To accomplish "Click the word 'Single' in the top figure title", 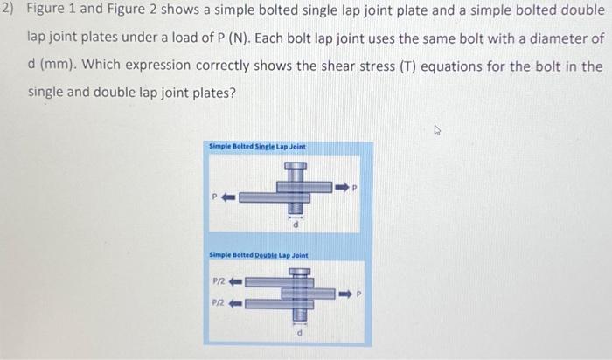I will click(x=260, y=146).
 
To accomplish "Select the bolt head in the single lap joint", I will click(x=295, y=166).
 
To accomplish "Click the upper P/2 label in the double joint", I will click(x=220, y=281).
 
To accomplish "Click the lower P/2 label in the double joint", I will click(x=220, y=303).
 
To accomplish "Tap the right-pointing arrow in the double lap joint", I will click(x=343, y=293).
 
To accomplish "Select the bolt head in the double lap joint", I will click(x=300, y=272).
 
